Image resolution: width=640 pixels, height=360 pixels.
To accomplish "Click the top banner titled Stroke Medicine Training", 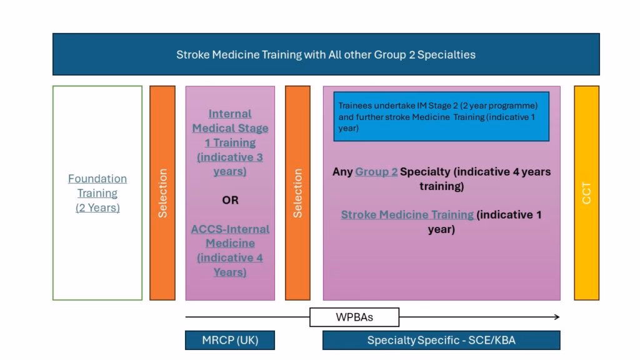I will pos(326,54).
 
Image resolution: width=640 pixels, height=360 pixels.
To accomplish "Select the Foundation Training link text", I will pos(97,186).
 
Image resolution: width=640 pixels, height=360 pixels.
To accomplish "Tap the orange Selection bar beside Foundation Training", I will pos(162,192).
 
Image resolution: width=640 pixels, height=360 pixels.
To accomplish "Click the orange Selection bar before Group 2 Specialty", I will pos(297,192).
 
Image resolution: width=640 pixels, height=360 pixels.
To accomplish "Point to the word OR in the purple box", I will pos(230,200).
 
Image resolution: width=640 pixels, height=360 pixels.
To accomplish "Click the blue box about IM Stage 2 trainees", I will pos(441,117).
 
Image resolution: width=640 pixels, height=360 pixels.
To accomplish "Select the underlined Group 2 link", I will pos(376,171).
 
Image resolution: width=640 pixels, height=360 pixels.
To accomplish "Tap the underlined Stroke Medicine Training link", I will pos(407,214).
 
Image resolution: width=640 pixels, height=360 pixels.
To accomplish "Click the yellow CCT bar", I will pos(586,192).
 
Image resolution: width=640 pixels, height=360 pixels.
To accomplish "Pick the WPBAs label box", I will pos(354,317).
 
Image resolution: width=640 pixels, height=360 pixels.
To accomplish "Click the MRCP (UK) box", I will pos(230,340).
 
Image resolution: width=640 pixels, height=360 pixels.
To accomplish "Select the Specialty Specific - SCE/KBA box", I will pos(441,340).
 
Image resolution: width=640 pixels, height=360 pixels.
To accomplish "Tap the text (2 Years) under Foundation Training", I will pos(97,207).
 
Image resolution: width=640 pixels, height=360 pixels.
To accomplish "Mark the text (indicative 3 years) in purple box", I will pos(230,164).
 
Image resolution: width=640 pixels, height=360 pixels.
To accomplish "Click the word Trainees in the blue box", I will pos(354,106).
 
